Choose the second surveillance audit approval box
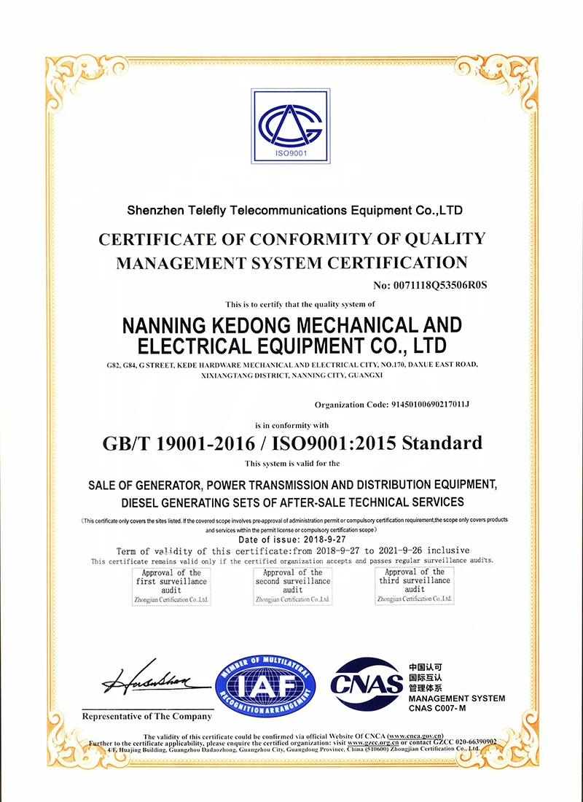tap(292, 585)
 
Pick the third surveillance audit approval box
tap(414, 585)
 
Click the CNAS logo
tap(366, 683)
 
